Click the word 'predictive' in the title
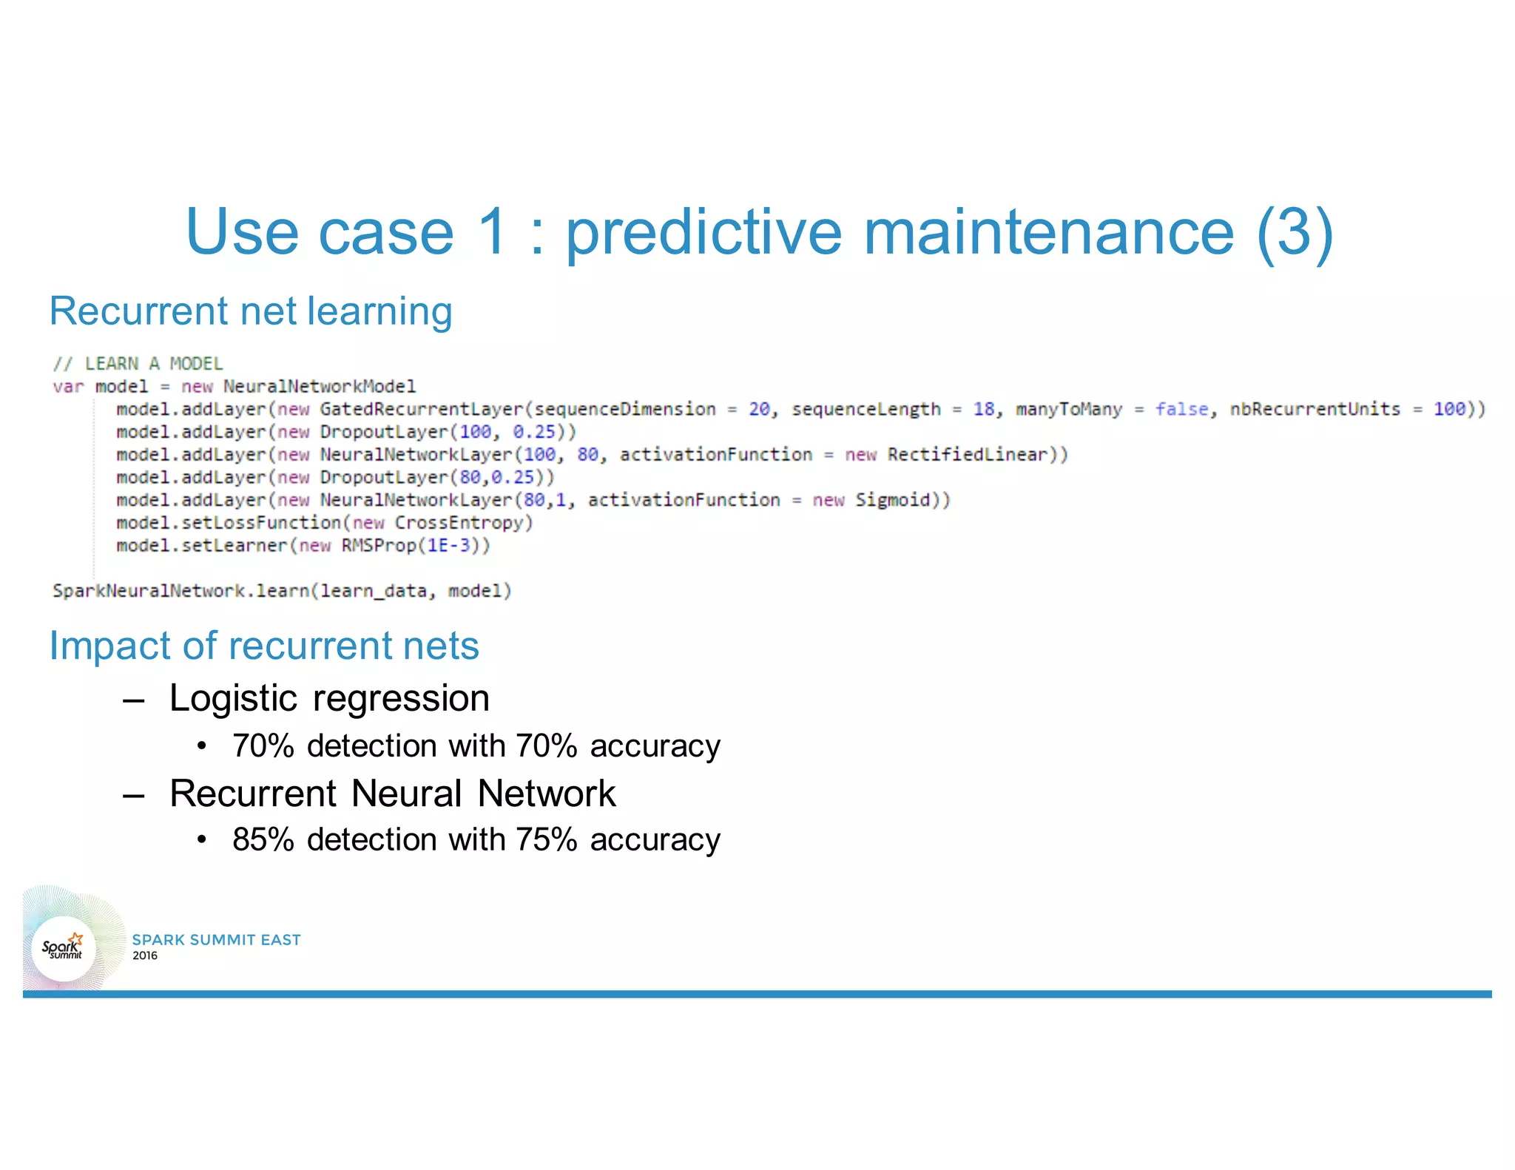tap(703, 232)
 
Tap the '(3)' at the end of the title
tap(1295, 232)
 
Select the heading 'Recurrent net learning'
tap(251, 311)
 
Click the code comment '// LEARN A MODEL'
tap(138, 363)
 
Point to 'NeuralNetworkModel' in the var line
tap(319, 386)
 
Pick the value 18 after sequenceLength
tap(983, 409)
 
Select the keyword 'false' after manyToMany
tap(1181, 409)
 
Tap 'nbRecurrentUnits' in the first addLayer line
tap(1315, 409)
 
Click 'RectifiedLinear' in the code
tap(967, 454)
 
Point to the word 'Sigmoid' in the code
tap(892, 500)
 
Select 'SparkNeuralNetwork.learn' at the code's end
tap(180, 591)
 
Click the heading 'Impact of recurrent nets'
tap(264, 646)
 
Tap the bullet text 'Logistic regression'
tap(329, 698)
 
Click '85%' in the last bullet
tap(263, 839)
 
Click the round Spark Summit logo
tap(64, 948)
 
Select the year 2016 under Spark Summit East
tap(145, 956)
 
